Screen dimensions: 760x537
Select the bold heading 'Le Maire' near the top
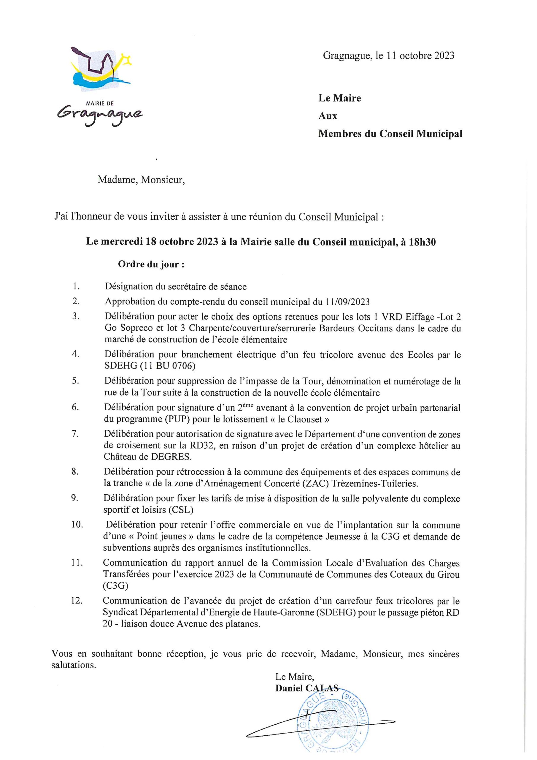pos(339,98)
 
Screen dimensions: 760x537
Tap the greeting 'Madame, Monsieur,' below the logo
pos(141,180)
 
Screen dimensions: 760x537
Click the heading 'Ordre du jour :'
pos(151,265)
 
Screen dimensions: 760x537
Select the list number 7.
pos(75,434)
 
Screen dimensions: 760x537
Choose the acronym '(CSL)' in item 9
pos(181,510)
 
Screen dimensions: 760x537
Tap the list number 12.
pos(77,601)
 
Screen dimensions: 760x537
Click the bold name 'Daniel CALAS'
pos(307,688)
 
